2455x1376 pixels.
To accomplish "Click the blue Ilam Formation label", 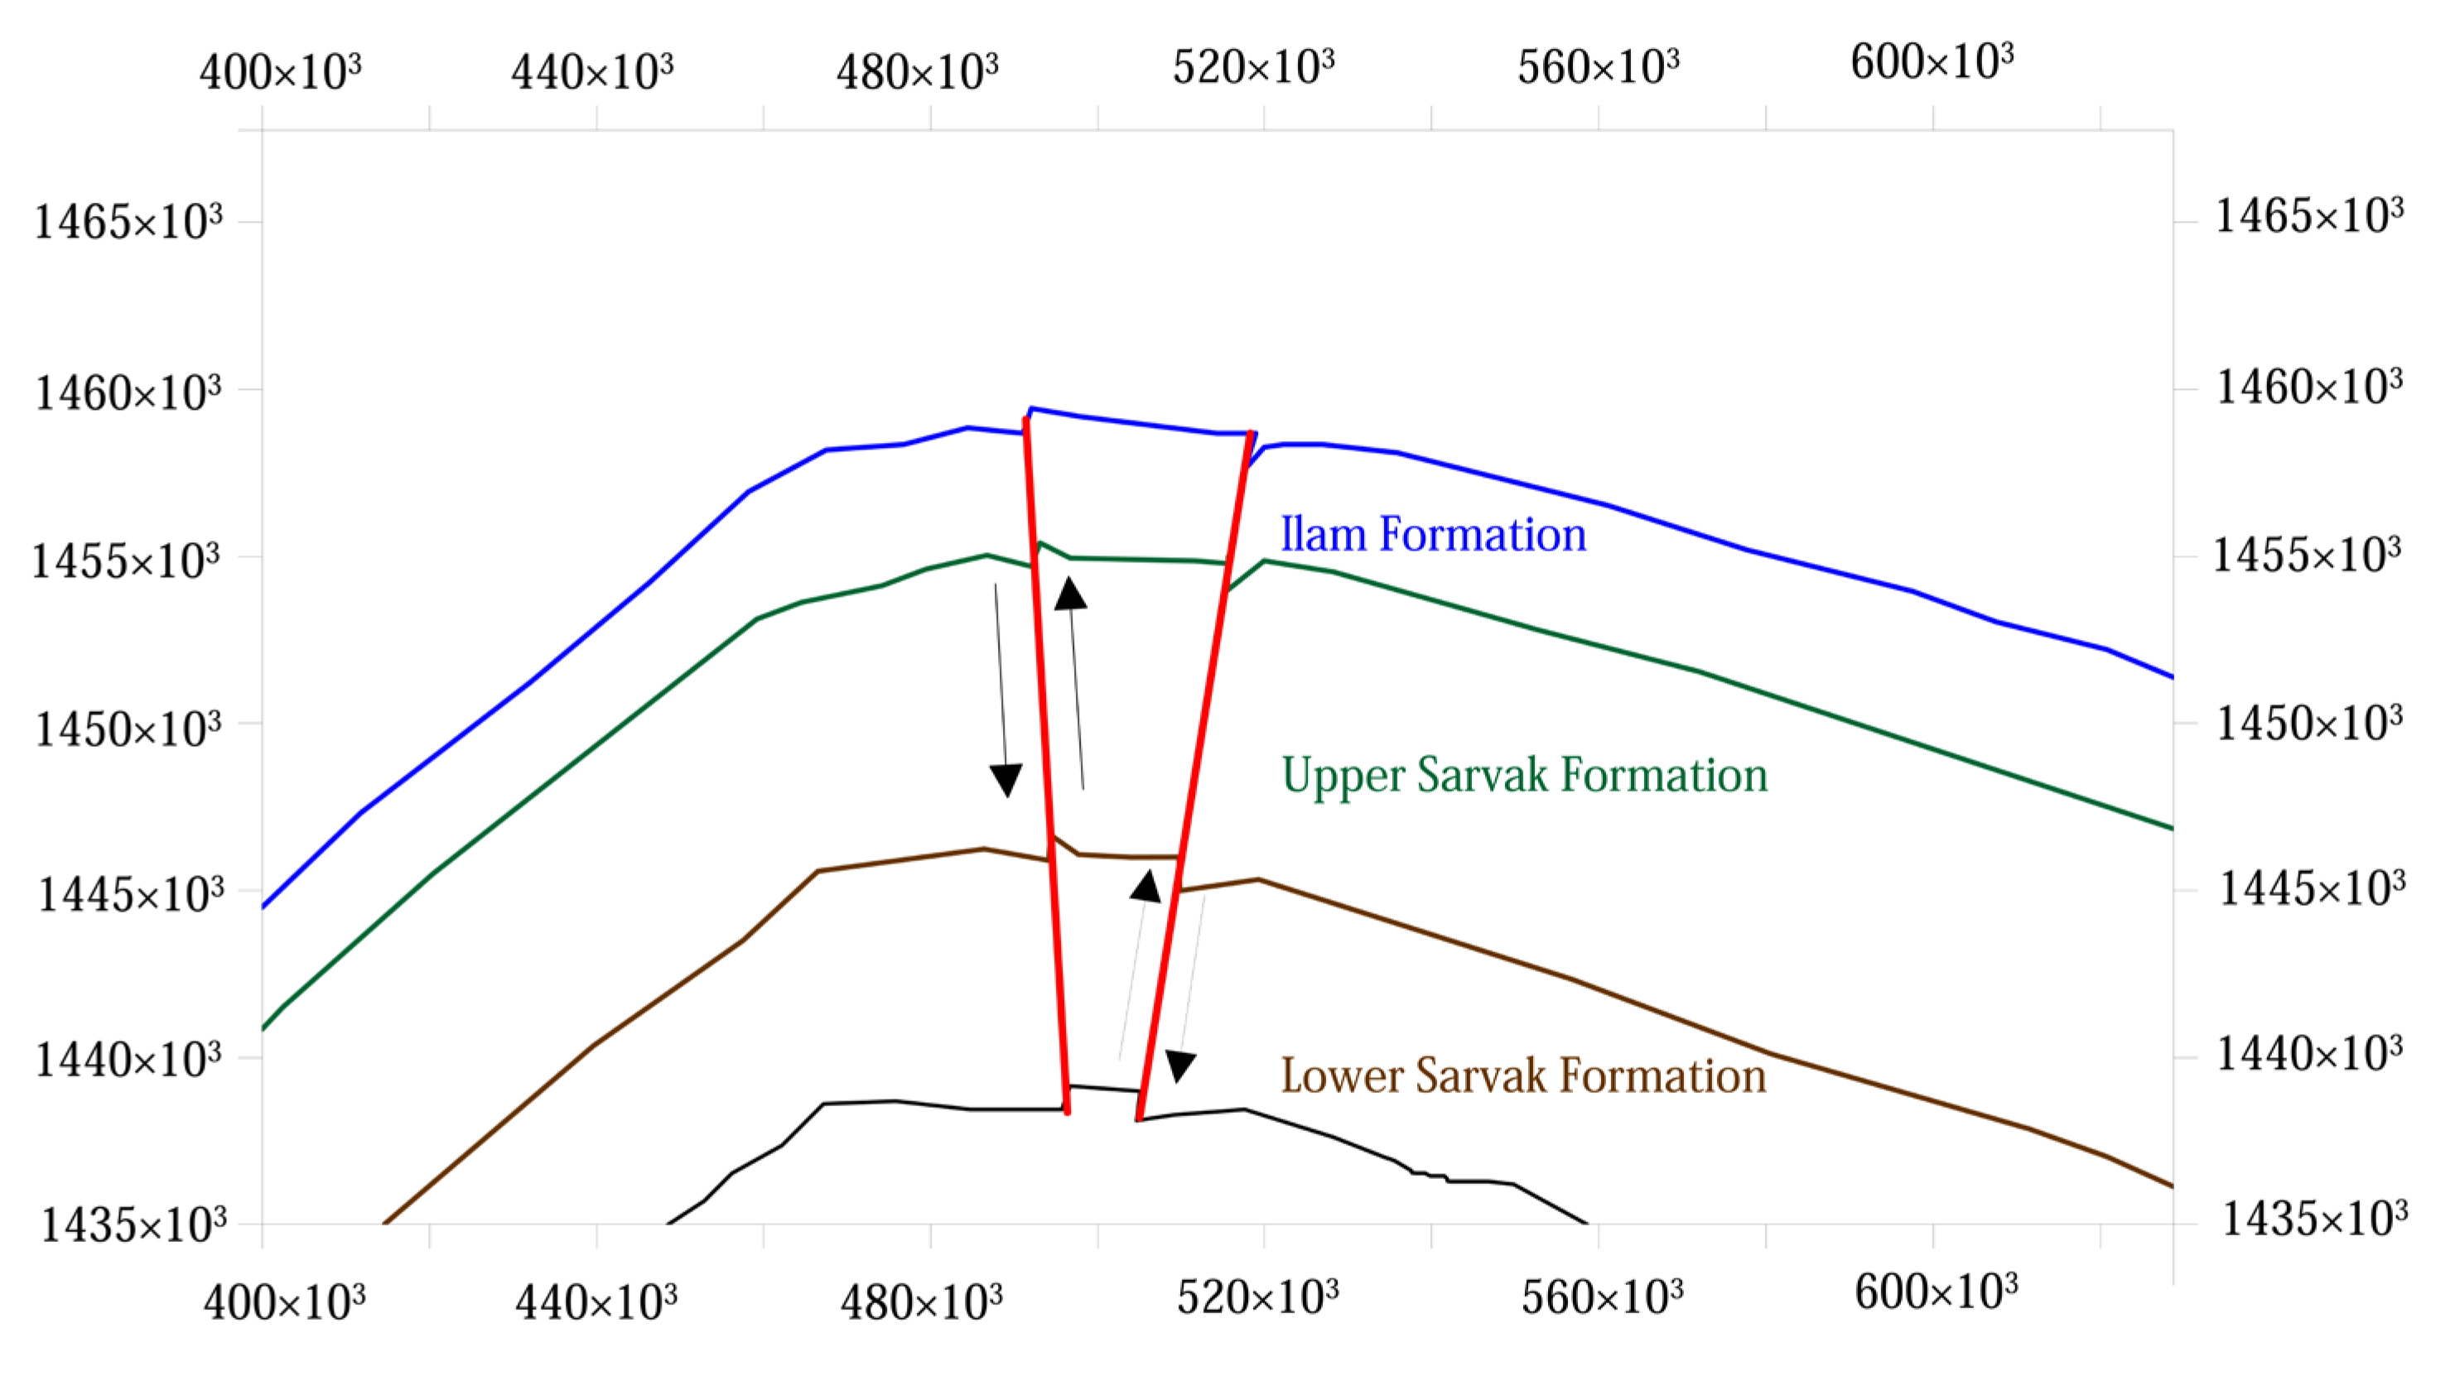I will click(x=1432, y=535).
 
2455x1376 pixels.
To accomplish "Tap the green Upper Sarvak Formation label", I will click(x=1524, y=775).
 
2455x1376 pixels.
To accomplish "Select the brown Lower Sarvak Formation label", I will click(x=1523, y=1075).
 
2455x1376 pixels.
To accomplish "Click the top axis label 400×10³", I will click(x=280, y=71).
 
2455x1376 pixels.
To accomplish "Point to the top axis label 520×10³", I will click(x=1253, y=67).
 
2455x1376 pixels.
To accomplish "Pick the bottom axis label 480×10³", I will click(x=921, y=1301).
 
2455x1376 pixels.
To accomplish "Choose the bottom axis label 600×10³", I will click(x=1936, y=1293).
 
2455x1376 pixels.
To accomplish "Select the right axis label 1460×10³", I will click(x=2309, y=387).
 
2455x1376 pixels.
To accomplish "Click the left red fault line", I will click(x=1046, y=763).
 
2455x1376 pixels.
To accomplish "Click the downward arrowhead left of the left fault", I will click(x=1006, y=779).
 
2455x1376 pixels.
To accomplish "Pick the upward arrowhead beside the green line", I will click(x=1070, y=594).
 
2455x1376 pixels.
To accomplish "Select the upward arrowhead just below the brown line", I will click(x=1146, y=886).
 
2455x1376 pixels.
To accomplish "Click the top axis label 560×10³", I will click(x=1599, y=67).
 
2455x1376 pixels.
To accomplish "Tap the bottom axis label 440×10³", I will click(x=596, y=1301).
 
